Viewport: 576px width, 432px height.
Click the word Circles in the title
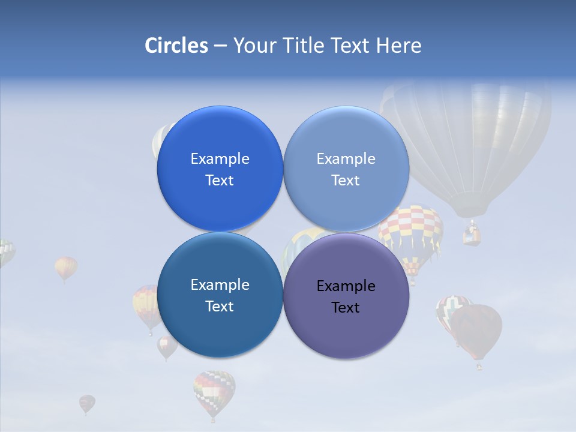pos(176,46)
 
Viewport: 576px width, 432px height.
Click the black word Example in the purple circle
pos(346,286)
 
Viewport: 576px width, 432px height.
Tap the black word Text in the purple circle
pos(346,308)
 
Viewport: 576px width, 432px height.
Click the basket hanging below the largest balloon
pos(472,235)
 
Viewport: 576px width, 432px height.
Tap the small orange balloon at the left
pos(65,267)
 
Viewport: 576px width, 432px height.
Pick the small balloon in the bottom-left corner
pos(87,403)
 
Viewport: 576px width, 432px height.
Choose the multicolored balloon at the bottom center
pos(214,390)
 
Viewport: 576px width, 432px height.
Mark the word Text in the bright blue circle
pos(220,180)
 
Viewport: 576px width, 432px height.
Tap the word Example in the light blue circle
pos(346,159)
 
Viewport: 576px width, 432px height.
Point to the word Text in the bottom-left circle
pos(220,306)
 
